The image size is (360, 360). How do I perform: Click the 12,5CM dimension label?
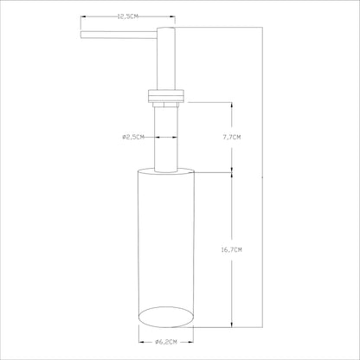point(127,16)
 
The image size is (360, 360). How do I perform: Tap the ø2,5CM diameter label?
point(133,138)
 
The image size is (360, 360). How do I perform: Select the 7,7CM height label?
point(231,138)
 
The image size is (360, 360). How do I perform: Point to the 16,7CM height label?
point(231,250)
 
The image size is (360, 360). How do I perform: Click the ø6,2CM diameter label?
point(166,342)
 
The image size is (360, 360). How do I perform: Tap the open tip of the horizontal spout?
point(81,35)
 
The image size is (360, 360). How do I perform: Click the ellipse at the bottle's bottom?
point(166,317)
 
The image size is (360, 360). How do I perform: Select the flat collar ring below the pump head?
point(166,96)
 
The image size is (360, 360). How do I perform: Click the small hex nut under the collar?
point(166,104)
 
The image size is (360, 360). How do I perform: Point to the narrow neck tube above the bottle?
point(166,139)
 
